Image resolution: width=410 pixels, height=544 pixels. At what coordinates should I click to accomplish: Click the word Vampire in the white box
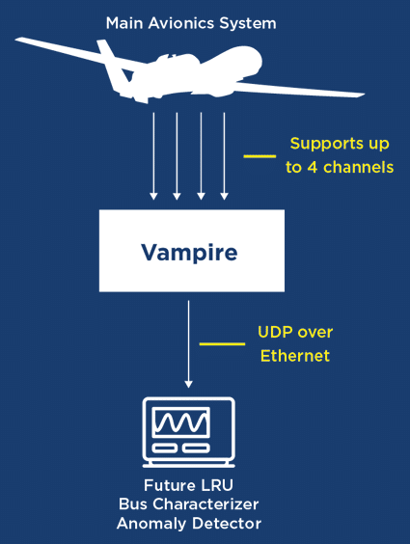189,252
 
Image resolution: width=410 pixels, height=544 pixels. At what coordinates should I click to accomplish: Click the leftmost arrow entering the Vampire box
153,156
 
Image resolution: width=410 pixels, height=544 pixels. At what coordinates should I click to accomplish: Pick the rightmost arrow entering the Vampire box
224,156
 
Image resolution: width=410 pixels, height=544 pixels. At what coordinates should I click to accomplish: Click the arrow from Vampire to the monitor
188,344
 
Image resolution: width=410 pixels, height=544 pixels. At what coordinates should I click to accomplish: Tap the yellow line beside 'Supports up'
260,156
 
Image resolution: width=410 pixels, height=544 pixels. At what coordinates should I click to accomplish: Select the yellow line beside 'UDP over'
222,343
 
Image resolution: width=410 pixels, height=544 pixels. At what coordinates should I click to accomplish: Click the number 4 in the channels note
313,167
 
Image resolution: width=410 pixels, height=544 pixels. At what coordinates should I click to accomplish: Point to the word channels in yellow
358,167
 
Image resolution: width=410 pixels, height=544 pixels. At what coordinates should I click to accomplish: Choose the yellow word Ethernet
295,356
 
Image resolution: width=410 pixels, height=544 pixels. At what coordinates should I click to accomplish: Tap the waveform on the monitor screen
181,422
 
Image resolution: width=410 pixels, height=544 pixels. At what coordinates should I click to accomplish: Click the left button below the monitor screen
165,449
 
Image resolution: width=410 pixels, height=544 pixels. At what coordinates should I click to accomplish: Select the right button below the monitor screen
196,449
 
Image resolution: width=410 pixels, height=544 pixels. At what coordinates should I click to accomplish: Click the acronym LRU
217,485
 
